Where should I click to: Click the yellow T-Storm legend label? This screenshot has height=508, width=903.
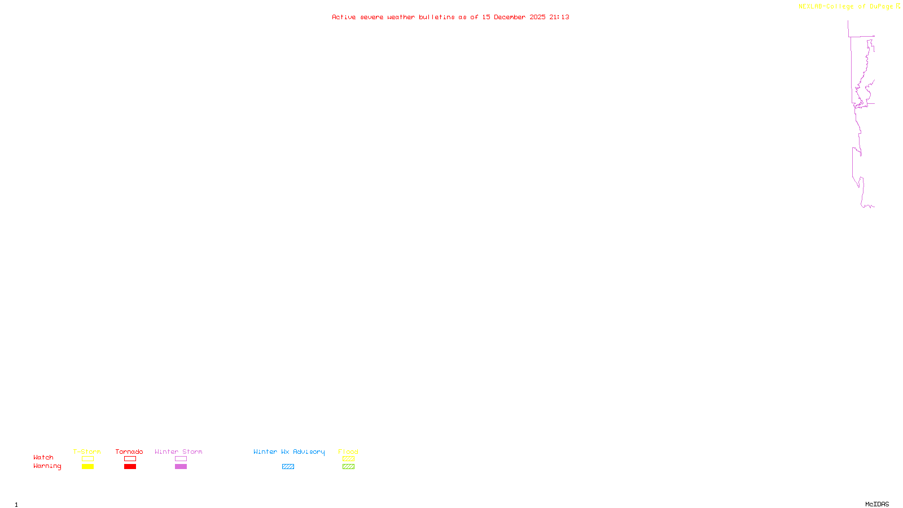coord(87,452)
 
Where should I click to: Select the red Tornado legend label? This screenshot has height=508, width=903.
coord(129,452)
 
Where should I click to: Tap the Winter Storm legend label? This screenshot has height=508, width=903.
coord(178,452)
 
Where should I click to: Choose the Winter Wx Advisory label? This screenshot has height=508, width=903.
coord(289,452)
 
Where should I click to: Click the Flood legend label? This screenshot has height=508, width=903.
coord(348,452)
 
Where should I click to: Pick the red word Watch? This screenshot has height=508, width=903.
coord(43,457)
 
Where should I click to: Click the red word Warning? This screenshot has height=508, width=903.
coord(47,466)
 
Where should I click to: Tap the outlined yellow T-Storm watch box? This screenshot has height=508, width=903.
coord(87,459)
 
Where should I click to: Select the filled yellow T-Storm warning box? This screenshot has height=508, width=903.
coord(87,467)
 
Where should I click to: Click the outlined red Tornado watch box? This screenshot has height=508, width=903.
coord(130,459)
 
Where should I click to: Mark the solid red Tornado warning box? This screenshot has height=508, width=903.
coord(130,467)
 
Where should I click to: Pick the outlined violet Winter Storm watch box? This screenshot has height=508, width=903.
coord(181,459)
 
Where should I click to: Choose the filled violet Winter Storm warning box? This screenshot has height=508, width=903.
coord(181,467)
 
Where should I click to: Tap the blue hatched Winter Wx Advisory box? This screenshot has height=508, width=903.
coord(288,467)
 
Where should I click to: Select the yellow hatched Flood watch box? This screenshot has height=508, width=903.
coord(348,459)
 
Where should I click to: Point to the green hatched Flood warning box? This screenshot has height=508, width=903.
coord(348,467)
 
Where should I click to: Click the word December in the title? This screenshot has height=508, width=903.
coord(510,17)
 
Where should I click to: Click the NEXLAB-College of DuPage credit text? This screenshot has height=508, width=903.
coord(845,6)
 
